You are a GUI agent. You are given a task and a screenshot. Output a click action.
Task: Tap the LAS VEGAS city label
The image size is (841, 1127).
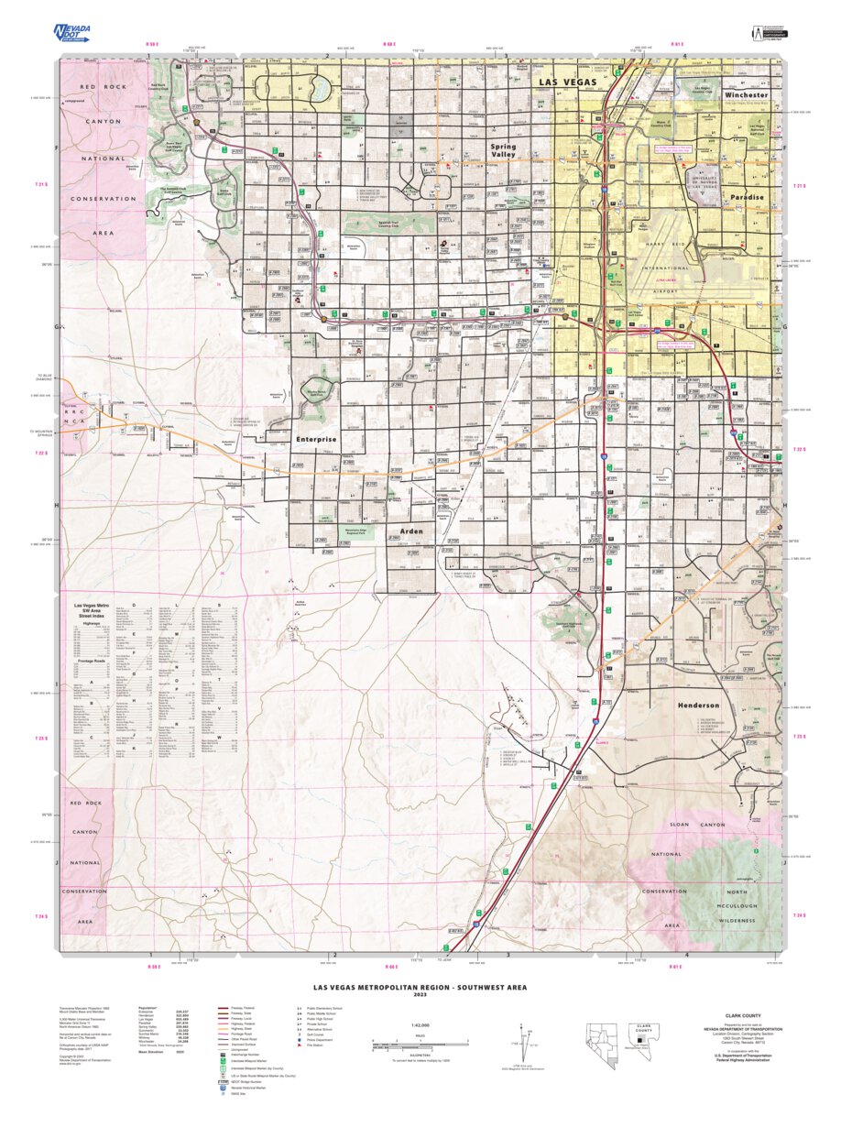(x=566, y=82)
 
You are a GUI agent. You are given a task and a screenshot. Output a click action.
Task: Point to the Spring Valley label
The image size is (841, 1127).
(x=503, y=151)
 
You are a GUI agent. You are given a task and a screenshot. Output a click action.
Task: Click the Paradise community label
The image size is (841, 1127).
(x=748, y=197)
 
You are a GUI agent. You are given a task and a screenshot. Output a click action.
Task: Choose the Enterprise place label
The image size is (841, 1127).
(x=316, y=440)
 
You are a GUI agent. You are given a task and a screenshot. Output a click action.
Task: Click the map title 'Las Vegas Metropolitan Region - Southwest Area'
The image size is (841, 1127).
(x=420, y=988)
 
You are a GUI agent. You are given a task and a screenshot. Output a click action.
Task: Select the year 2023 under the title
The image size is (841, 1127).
(x=420, y=995)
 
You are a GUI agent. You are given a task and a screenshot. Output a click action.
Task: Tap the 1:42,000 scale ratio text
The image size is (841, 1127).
(x=420, y=1026)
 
